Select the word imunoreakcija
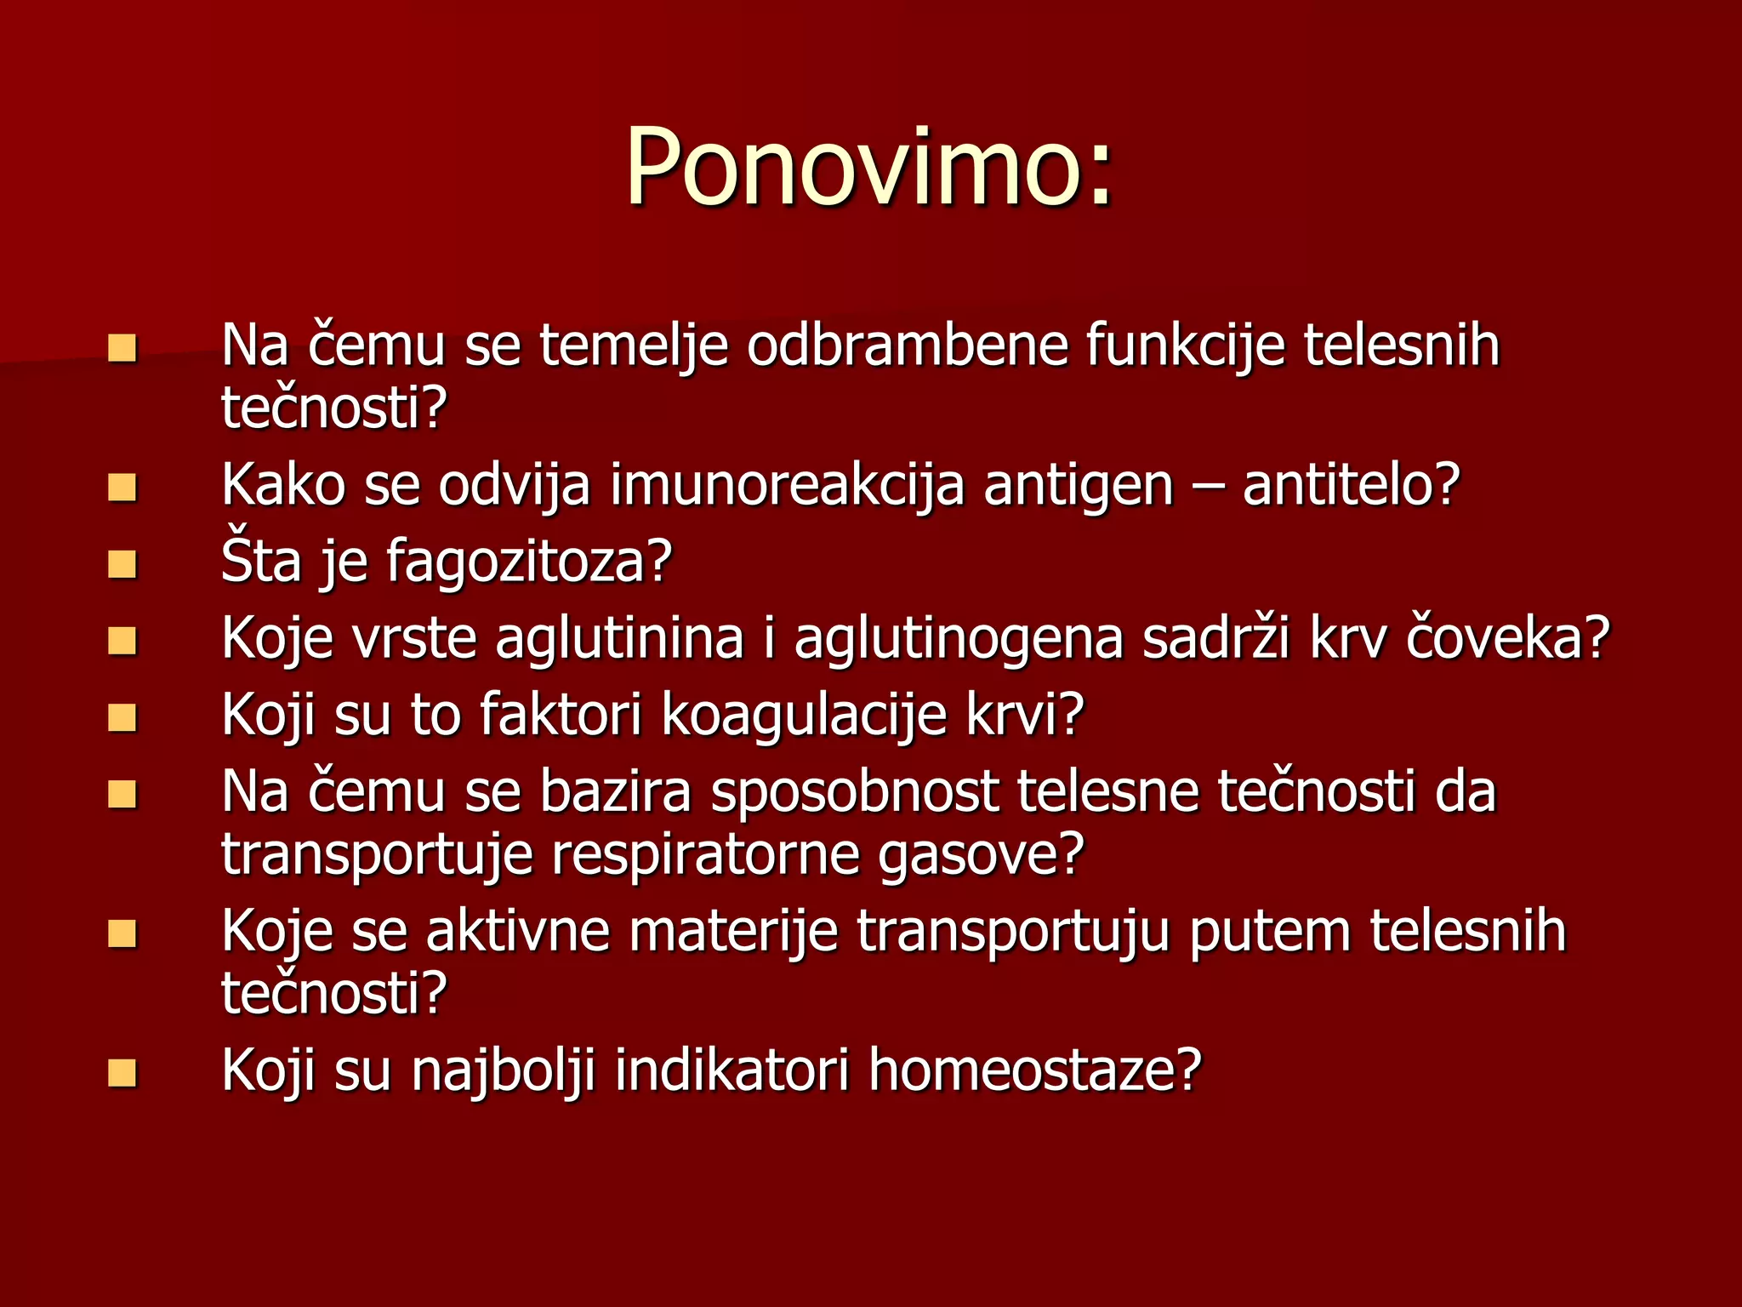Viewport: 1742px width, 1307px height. (787, 485)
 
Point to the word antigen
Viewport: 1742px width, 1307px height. (1078, 485)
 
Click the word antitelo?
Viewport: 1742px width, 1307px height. (1351, 485)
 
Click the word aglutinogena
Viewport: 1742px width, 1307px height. (959, 638)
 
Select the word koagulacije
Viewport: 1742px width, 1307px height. (804, 715)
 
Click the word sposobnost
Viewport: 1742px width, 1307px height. (854, 791)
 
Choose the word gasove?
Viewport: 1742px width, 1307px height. (981, 854)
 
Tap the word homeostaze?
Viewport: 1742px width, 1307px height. (1035, 1070)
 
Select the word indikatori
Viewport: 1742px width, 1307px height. (732, 1070)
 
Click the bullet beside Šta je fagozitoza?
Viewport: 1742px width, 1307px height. (122, 564)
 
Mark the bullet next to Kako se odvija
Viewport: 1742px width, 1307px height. (122, 488)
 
